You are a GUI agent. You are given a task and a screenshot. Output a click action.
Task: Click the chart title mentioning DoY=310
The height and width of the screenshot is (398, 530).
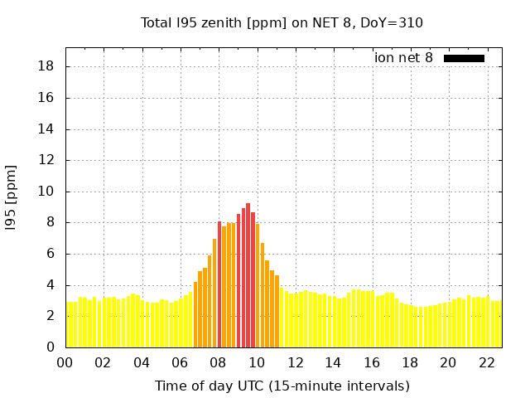tap(282, 22)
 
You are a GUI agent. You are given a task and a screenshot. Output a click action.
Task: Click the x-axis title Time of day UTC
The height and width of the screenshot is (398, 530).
tap(282, 386)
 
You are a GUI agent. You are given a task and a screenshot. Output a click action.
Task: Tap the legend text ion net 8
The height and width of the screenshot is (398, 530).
tap(403, 58)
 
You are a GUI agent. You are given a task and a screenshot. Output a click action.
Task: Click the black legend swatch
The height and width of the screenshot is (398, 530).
tap(464, 58)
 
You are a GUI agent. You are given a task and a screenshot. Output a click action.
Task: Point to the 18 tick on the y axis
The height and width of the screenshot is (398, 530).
tap(47, 66)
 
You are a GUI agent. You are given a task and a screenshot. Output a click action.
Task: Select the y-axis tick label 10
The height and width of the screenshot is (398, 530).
tap(47, 192)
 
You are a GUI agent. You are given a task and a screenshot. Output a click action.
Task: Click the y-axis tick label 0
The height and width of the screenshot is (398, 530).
tap(51, 347)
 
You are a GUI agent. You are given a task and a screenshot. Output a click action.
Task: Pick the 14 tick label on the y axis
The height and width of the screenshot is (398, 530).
tap(47, 129)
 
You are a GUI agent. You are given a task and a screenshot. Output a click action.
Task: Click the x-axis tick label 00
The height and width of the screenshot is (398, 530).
tap(65, 362)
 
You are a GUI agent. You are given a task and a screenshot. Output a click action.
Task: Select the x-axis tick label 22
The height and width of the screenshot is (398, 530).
tap(487, 362)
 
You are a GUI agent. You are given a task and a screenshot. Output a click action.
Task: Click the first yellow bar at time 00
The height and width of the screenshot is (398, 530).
tap(68, 324)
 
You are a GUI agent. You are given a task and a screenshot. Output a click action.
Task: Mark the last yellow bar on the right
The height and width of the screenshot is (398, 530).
tap(499, 324)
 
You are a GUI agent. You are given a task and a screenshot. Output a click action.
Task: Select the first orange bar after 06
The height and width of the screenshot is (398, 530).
tap(195, 314)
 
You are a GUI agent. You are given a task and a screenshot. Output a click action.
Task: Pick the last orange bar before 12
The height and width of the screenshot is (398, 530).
tap(277, 311)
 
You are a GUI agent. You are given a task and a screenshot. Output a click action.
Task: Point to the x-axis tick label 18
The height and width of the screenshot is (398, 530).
tap(410, 362)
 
